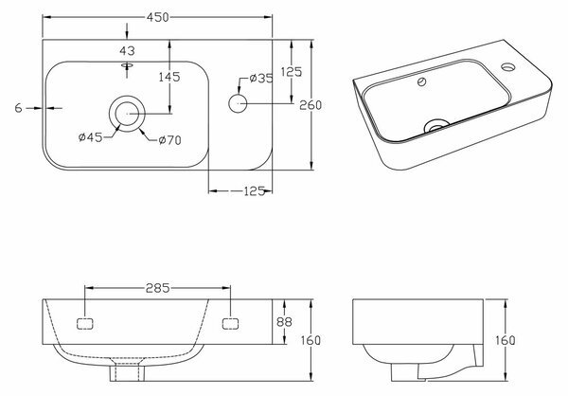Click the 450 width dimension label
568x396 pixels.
coord(157,17)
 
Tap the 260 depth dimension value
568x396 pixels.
coord(311,105)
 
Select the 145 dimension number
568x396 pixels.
coord(169,77)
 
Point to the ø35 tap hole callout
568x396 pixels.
coord(261,78)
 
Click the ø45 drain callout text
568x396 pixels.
coord(91,137)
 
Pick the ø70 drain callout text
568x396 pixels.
coord(169,140)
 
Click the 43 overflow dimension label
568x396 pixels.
coord(127,51)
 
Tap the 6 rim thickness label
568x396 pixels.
coord(19,108)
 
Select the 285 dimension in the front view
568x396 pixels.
coord(157,288)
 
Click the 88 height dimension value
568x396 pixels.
coord(284,322)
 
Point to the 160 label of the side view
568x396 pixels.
coord(505,340)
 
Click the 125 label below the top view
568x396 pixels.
coord(254,191)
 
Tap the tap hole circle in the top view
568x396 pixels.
coord(238,103)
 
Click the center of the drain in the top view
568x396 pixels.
coord(127,114)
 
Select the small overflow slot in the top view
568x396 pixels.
coord(127,65)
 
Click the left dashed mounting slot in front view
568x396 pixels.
coord(85,324)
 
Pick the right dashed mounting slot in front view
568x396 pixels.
coord(230,324)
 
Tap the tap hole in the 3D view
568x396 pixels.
coord(508,66)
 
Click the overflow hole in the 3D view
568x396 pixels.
coord(421,82)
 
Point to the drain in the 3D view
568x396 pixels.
coord(436,126)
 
